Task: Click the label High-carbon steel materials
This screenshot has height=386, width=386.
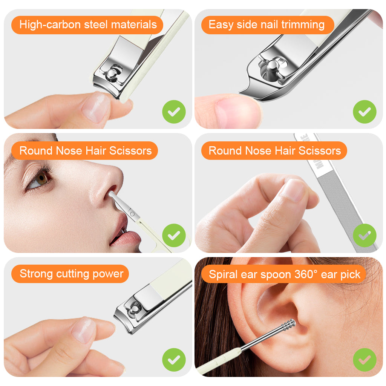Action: (x=87, y=25)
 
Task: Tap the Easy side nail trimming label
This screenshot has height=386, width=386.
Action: (x=267, y=25)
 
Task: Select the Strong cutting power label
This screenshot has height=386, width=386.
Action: (x=70, y=274)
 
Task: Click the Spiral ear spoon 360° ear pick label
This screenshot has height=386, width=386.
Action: (x=284, y=274)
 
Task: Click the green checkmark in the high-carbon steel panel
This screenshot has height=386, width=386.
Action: (x=174, y=112)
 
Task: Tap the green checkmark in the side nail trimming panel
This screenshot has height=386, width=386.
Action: (x=365, y=112)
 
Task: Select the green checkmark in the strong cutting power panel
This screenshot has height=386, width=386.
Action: (x=174, y=360)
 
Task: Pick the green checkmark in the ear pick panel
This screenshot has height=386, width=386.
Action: (x=365, y=360)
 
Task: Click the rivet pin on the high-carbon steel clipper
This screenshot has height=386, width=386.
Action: (x=112, y=73)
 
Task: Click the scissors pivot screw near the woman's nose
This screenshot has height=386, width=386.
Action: (x=132, y=213)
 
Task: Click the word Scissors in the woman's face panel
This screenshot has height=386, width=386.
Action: (x=130, y=151)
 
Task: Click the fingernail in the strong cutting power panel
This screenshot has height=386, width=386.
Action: (x=84, y=330)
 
